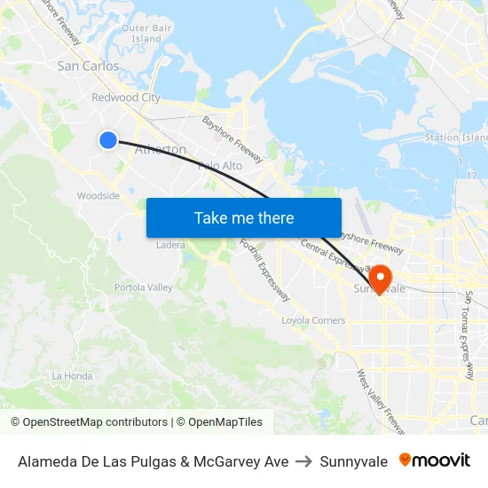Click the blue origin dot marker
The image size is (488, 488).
108,139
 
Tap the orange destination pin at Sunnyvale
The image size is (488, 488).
381,277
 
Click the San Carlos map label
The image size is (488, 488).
88,67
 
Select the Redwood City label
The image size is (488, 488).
126,98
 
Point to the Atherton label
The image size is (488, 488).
160,150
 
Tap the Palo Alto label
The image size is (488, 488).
220,166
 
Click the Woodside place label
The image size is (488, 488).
98,196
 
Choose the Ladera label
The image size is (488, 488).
170,245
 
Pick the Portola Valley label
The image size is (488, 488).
143,287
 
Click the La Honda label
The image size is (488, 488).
72,376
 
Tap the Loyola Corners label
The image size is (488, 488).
313,320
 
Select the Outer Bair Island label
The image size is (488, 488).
146,34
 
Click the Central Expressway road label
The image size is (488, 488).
333,254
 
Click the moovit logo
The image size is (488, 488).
435,460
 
